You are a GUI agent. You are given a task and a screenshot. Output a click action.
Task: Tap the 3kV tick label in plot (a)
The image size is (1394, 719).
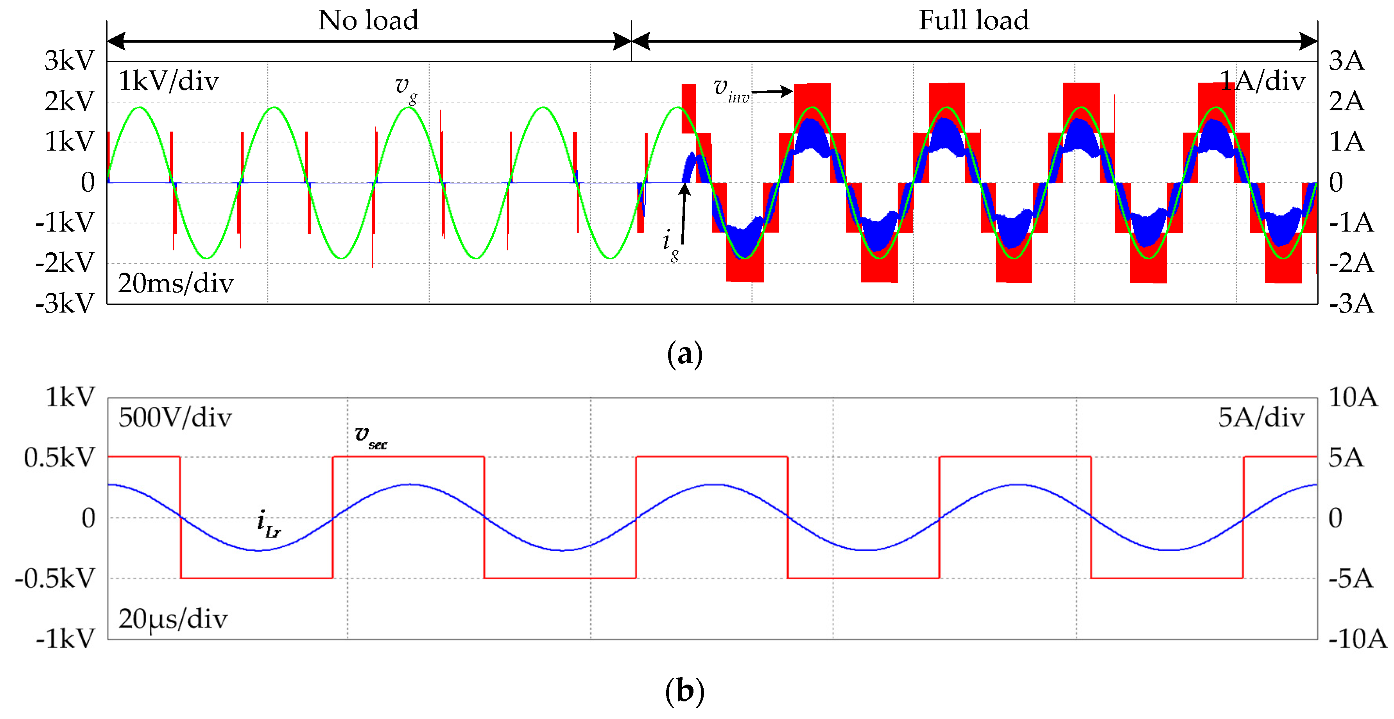69,61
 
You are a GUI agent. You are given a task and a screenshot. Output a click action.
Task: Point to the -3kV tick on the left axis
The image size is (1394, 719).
65,304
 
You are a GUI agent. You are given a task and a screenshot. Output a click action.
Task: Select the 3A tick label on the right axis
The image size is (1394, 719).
1346,61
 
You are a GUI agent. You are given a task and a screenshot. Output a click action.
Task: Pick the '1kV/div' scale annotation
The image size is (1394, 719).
168,82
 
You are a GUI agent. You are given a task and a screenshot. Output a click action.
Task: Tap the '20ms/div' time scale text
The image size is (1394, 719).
176,284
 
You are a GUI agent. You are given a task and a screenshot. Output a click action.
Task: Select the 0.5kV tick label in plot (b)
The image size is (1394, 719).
59,458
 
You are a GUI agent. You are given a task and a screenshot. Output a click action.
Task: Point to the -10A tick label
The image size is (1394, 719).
1358,640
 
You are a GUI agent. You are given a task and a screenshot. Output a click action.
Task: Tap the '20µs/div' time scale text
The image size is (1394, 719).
173,619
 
